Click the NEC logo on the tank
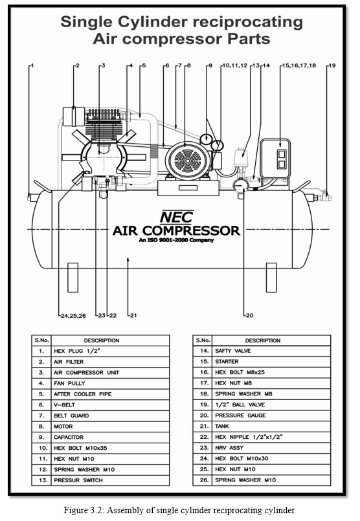point(177,217)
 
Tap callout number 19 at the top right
point(332,65)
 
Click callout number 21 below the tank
point(133,315)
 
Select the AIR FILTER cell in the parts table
point(110,362)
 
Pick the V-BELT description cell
point(110,405)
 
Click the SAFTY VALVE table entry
point(271,351)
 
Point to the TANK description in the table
point(271,427)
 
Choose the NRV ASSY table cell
point(271,448)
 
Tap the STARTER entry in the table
point(271,362)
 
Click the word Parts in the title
point(249,39)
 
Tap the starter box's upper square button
point(281,153)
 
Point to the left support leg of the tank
point(73,278)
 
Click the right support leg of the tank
point(271,278)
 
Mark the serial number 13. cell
point(41,480)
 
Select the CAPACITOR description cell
point(110,438)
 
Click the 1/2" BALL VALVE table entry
point(271,405)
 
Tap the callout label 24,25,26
point(73,316)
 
